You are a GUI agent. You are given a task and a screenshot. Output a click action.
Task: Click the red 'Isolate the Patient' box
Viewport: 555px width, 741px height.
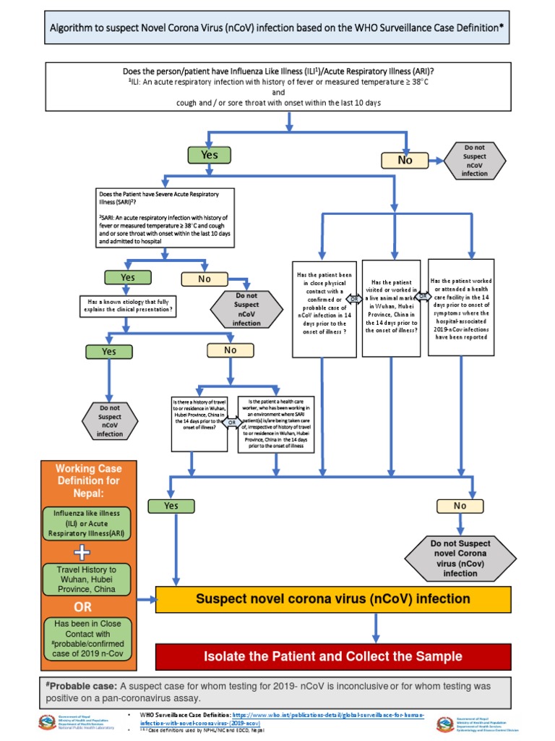(x=333, y=656)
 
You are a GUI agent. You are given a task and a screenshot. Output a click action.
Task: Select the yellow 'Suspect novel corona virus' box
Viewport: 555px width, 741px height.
(x=333, y=599)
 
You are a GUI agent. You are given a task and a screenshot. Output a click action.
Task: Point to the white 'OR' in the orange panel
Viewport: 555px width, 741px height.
(x=83, y=607)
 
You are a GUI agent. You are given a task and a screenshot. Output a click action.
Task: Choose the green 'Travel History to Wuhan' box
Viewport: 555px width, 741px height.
(x=87, y=580)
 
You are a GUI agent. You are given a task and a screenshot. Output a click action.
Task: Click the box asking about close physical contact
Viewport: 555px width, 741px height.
(x=324, y=308)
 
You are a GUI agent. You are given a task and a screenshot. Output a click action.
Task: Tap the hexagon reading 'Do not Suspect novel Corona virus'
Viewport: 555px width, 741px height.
(x=460, y=558)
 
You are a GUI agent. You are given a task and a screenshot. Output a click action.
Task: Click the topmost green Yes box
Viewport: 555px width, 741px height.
(x=209, y=155)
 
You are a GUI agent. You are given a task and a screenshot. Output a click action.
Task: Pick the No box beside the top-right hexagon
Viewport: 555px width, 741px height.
(x=405, y=160)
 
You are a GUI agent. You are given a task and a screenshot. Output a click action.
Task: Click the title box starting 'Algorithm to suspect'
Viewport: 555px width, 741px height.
(x=277, y=29)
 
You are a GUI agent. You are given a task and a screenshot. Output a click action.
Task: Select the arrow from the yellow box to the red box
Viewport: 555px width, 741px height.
(x=375, y=627)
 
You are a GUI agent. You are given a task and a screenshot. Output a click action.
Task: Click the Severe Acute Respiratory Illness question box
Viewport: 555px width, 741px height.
(x=165, y=217)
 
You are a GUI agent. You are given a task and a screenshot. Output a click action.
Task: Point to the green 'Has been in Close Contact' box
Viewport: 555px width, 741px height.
(x=87, y=639)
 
